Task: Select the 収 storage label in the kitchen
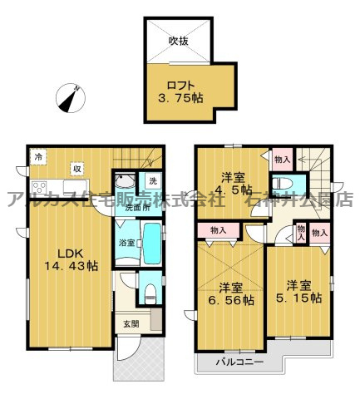76,166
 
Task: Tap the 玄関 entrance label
131,324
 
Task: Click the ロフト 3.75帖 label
180,89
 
